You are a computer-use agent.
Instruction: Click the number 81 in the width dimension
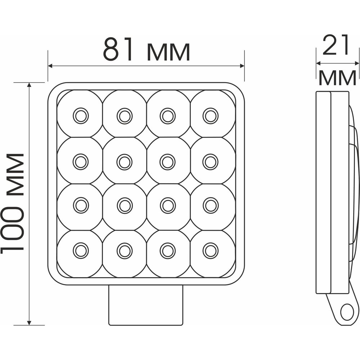click(x=118, y=49)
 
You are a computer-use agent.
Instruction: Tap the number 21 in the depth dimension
click(x=335, y=45)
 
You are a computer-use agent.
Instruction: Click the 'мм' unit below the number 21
click(x=338, y=78)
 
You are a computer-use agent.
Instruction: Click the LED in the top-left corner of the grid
click(x=81, y=116)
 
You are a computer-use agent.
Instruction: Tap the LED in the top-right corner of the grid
click(x=210, y=116)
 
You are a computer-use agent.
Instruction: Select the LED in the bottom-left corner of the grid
click(x=81, y=251)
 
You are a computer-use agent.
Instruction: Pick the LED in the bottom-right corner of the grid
click(x=210, y=251)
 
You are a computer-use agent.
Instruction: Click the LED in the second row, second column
click(x=125, y=162)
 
